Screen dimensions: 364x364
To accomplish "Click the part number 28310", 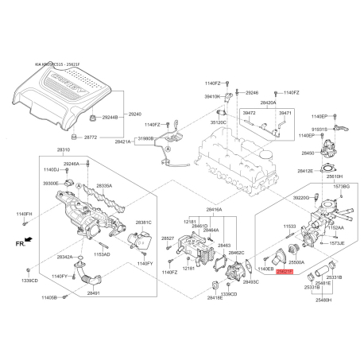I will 64,150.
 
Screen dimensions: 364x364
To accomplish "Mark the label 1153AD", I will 124,254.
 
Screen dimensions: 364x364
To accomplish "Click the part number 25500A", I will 296,261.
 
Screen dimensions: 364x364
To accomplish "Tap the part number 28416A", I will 214,210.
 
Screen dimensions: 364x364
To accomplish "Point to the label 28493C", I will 251,282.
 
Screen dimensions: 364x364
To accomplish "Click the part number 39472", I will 249,114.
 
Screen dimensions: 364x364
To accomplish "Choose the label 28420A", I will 268,103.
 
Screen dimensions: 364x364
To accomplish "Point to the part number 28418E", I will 192,299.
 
